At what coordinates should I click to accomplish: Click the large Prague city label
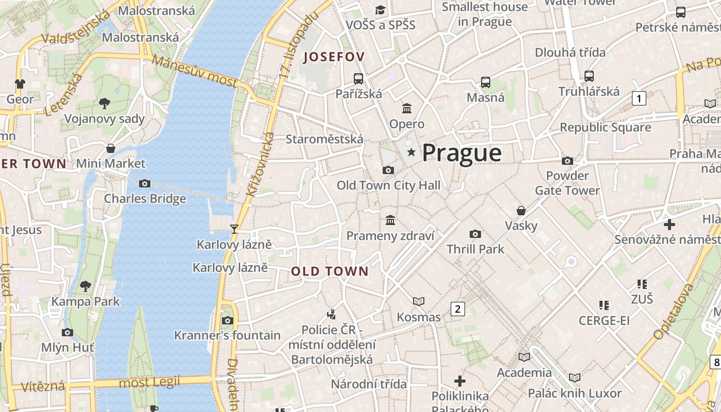click(461, 153)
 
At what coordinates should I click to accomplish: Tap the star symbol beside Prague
click(411, 152)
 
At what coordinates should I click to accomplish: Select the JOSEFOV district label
click(334, 57)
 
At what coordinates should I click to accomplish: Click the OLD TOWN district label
click(330, 271)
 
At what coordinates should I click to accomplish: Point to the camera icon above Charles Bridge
click(145, 183)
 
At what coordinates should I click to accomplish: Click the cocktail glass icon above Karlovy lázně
click(234, 229)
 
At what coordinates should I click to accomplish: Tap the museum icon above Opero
click(407, 108)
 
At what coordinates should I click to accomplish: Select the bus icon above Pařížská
click(358, 78)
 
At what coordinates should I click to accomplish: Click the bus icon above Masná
click(485, 82)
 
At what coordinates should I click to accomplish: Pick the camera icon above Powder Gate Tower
click(568, 161)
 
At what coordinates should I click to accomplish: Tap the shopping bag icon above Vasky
click(521, 210)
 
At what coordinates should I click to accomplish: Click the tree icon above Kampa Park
click(85, 286)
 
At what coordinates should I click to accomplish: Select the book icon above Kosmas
click(419, 301)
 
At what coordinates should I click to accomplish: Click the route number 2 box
click(457, 308)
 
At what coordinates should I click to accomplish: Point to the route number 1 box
click(639, 98)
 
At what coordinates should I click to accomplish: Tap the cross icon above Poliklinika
click(460, 381)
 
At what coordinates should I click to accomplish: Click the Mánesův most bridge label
click(195, 71)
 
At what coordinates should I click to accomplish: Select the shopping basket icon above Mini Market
click(111, 148)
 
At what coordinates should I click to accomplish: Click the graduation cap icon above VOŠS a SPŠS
click(380, 10)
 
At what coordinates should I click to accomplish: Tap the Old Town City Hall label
click(388, 185)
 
